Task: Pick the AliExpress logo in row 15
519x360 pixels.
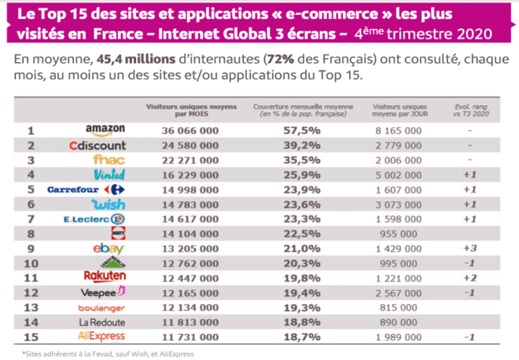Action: [x=104, y=336]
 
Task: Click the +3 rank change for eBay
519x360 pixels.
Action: [x=468, y=248]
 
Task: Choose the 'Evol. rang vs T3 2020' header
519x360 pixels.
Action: [x=468, y=109]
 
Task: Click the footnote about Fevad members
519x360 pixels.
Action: [x=108, y=353]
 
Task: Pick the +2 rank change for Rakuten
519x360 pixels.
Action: [x=468, y=277]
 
